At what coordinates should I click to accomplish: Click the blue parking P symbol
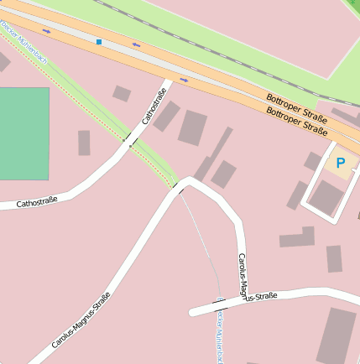click(x=341, y=163)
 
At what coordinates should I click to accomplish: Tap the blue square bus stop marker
click(x=99, y=41)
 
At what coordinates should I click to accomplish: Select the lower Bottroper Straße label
click(x=296, y=119)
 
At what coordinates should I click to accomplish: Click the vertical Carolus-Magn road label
click(x=243, y=275)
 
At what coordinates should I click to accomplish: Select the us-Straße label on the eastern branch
click(x=260, y=297)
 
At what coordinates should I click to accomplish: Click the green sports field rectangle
click(x=23, y=133)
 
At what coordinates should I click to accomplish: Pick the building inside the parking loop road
click(x=326, y=198)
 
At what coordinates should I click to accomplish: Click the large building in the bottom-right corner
click(x=336, y=335)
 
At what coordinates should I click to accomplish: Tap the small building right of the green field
click(x=84, y=143)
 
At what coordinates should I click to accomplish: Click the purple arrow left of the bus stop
click(x=45, y=31)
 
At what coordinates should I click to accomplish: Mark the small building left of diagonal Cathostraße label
click(x=122, y=93)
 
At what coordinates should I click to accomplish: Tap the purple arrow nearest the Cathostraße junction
click(x=184, y=80)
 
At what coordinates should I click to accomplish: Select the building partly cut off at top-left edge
click(x=3, y=61)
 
